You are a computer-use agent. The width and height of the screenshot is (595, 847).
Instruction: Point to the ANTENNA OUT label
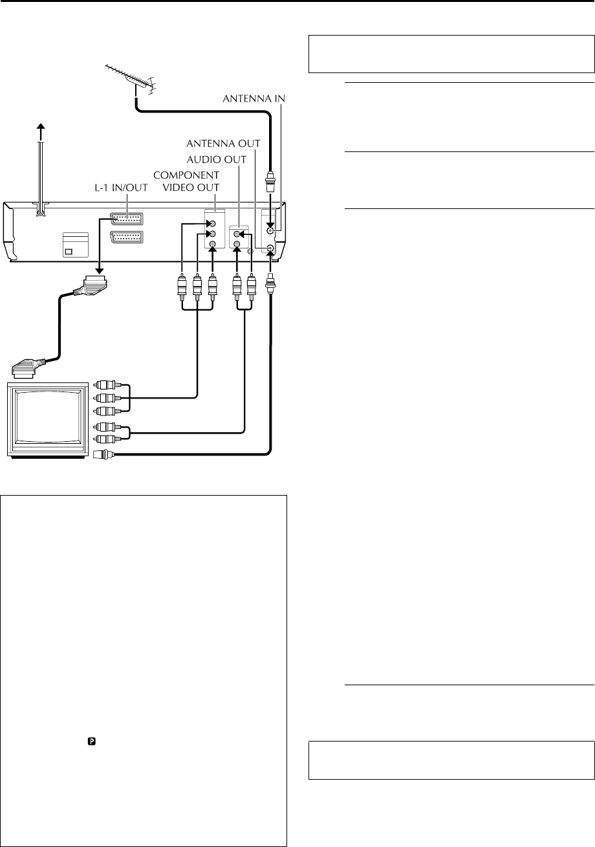(223, 143)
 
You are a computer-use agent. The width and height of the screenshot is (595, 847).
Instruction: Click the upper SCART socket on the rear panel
(127, 218)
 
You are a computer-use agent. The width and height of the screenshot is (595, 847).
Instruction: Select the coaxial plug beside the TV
(103, 454)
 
